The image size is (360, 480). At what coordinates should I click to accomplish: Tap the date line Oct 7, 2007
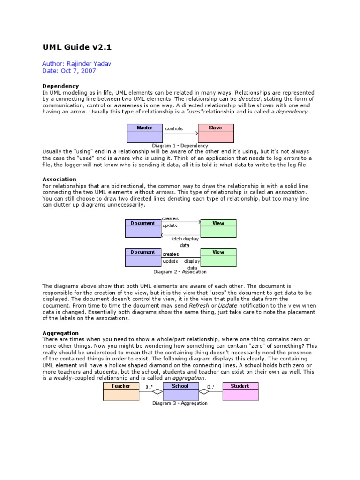pos(69,71)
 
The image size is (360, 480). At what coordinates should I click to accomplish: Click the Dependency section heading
pos(60,86)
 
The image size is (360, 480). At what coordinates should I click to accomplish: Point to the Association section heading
pos(59,180)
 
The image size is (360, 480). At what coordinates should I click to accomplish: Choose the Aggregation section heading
pos(60,333)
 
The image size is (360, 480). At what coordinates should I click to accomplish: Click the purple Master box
pos(144,133)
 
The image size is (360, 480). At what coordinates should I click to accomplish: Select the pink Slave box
pos(215,133)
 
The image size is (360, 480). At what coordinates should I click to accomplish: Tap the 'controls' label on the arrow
pos(174,128)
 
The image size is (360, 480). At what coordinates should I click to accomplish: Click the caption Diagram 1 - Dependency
pos(180,146)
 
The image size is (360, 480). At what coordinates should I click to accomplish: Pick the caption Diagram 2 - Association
pos(180,272)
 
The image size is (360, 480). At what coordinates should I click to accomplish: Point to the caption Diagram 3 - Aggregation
pos(180,403)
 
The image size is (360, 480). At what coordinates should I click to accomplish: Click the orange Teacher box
pos(121,391)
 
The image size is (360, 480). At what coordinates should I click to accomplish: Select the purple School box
pos(180,391)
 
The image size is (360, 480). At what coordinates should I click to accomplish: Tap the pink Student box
pos(240,391)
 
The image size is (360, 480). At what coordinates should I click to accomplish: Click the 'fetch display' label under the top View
pos(185,239)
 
